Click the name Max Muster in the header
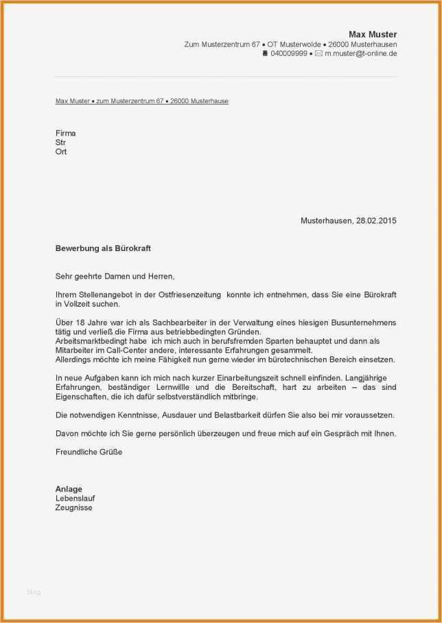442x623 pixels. pos(373,34)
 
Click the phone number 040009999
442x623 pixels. pos(289,53)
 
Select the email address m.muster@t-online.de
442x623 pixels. pos(360,53)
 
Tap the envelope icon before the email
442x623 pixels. pos(318,53)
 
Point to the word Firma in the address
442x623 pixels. pos(65,133)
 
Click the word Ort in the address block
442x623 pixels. pos(61,151)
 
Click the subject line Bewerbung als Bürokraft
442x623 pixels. pos(108,248)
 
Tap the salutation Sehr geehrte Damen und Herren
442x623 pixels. pos(115,276)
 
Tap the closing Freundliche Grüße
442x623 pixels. pos(89,452)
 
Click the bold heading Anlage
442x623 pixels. pos(69,489)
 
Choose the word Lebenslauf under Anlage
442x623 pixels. pos(75,498)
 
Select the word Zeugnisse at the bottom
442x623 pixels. pos(73,507)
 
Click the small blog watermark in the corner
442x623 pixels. pos(34,591)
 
